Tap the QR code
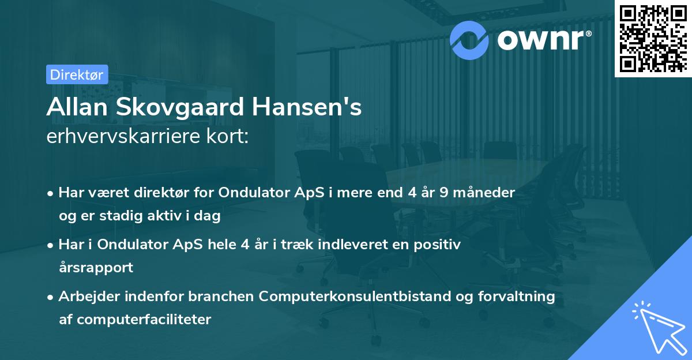click(x=653, y=38)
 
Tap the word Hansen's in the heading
click(x=310, y=108)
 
